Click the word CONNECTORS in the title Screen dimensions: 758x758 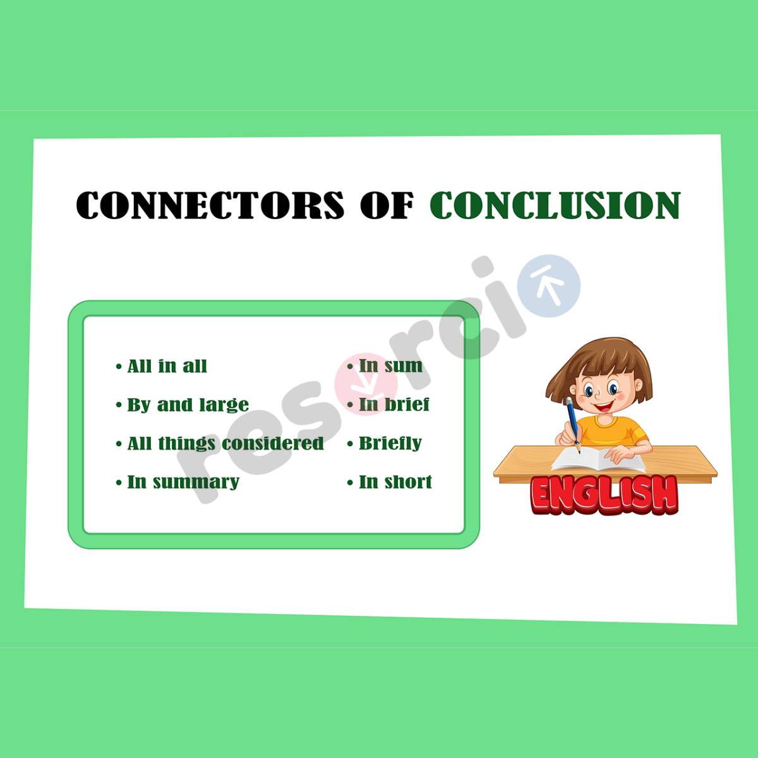[x=210, y=205]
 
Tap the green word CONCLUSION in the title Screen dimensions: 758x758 [x=555, y=205]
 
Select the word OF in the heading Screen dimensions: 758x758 [x=387, y=205]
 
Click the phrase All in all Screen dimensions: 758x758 [x=167, y=366]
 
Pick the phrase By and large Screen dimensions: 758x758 [x=188, y=405]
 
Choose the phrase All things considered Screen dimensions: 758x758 [x=226, y=443]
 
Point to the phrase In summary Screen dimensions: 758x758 [x=183, y=482]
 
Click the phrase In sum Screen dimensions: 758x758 [x=390, y=366]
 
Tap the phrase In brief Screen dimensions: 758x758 [x=394, y=404]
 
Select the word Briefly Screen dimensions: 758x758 [x=390, y=443]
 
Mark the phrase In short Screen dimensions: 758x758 [x=395, y=482]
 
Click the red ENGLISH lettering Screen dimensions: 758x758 [x=605, y=493]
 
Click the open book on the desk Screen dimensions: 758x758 [x=597, y=459]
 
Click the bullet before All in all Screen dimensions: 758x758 [x=119, y=367]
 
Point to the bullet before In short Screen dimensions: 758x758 [x=350, y=483]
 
